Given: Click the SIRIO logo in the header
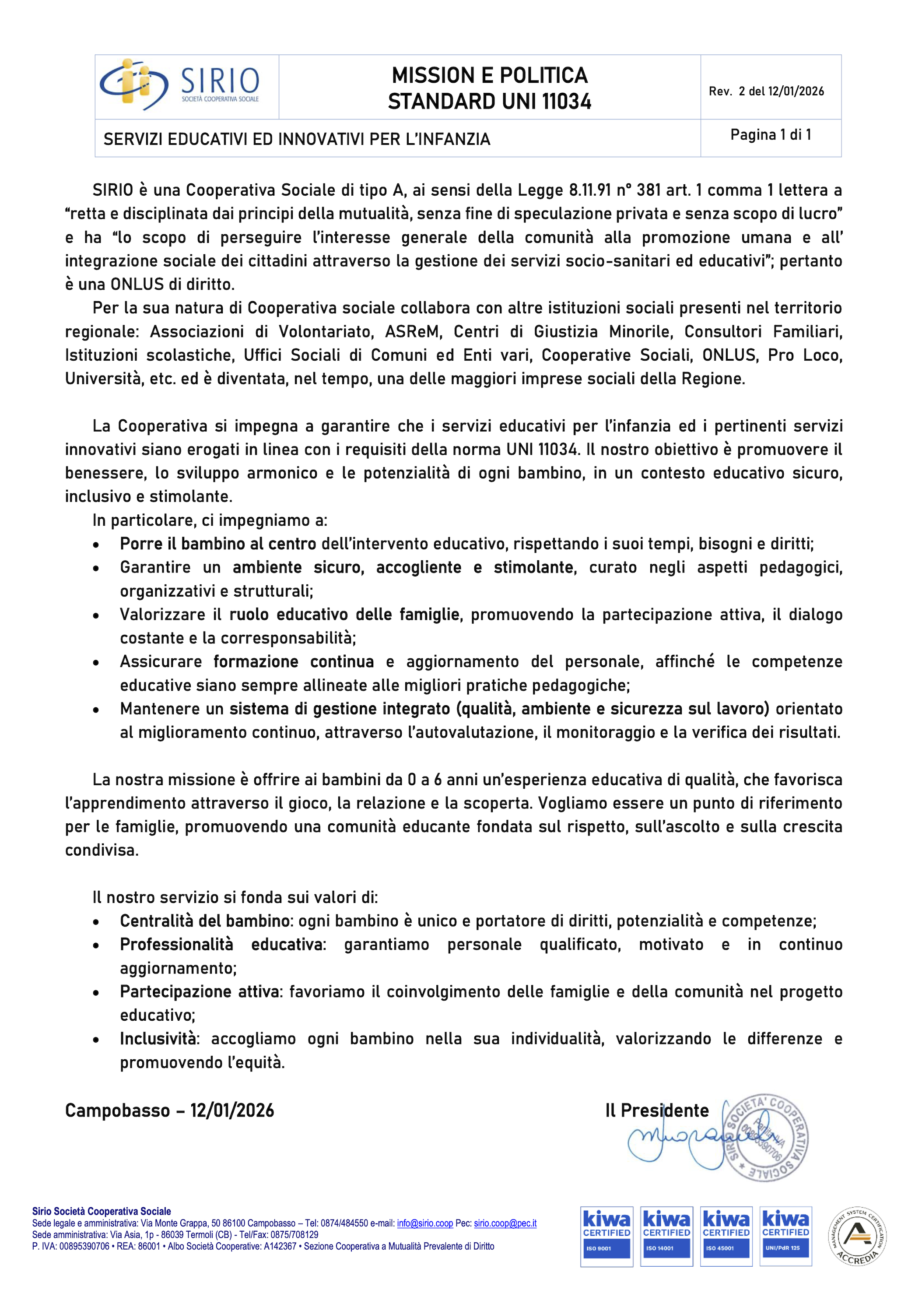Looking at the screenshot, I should (180, 85).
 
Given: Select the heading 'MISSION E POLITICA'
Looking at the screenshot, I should (489, 75).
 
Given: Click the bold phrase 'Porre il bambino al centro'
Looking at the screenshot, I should (217, 544).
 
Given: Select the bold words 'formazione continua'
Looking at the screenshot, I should (294, 662).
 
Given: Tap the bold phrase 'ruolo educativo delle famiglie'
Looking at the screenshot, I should (344, 615).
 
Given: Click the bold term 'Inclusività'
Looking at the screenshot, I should (158, 1039).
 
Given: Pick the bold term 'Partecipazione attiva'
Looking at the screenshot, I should (200, 992).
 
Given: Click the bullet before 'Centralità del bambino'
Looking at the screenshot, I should (96, 922).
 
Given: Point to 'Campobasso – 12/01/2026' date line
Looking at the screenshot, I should (169, 1110).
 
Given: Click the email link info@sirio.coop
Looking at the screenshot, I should (424, 1223).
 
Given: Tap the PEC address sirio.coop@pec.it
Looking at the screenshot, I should (505, 1223).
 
